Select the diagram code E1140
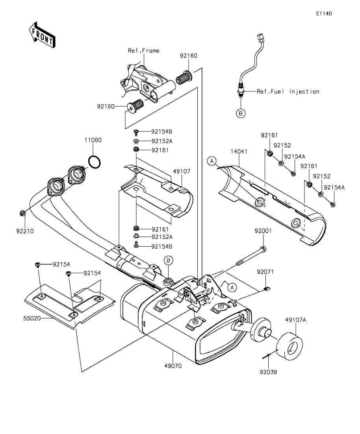324,13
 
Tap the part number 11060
93,140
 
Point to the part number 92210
25,231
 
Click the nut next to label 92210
22,213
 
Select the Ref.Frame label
143,50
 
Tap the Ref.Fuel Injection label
288,91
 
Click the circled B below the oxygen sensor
241,113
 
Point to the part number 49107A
295,320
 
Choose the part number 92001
264,231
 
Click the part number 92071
265,272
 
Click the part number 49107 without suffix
181,171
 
